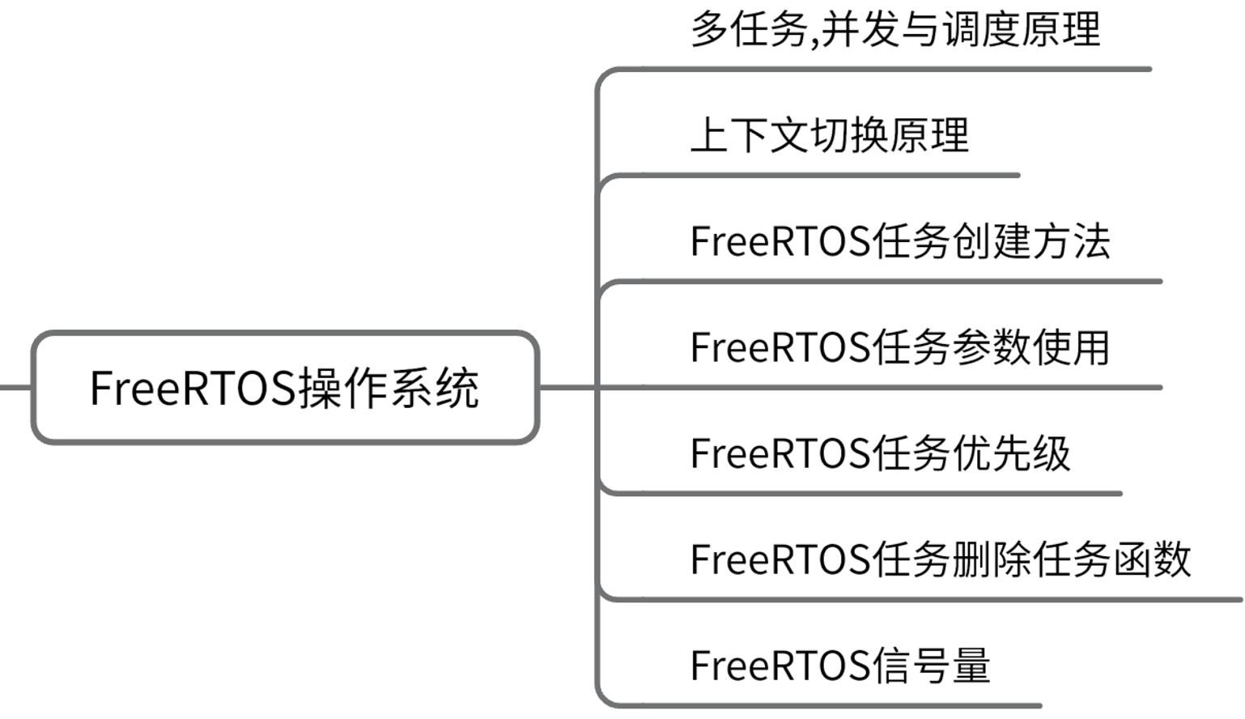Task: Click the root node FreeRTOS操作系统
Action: coord(284,387)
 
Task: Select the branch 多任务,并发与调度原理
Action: coord(895,31)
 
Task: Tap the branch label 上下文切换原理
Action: coord(829,135)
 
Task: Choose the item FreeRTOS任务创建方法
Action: coord(899,241)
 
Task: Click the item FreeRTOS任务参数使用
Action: coord(899,347)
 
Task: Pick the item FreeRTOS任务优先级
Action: coord(880,453)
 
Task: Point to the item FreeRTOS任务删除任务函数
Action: coord(940,559)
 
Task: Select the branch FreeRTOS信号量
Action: coord(839,666)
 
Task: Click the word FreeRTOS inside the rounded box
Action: coord(193,388)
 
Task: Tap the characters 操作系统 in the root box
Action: coord(389,388)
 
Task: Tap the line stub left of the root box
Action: coord(15,387)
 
